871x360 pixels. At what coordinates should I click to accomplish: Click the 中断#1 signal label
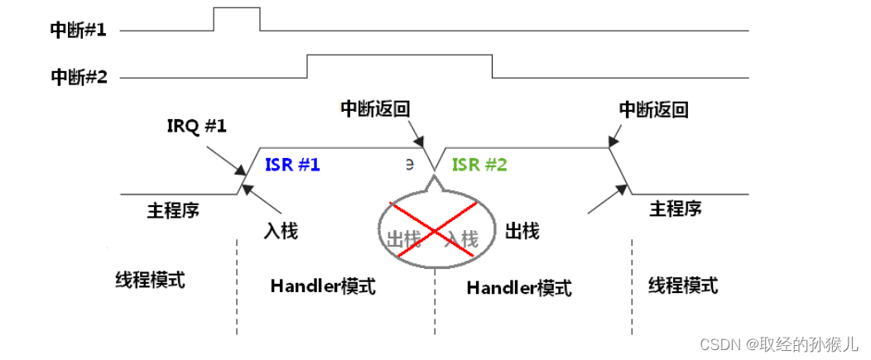[79, 31]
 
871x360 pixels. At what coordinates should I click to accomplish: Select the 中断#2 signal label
[79, 77]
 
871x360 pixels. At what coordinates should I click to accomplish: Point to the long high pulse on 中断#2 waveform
[399, 56]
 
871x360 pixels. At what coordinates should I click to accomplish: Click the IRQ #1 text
[195, 128]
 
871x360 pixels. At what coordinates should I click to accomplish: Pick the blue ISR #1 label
[292, 164]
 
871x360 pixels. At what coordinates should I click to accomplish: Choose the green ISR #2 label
[479, 164]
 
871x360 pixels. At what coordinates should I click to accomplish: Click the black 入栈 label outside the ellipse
[281, 230]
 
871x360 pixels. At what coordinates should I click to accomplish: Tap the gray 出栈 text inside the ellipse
[404, 240]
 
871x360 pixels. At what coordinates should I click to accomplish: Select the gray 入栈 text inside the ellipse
[461, 240]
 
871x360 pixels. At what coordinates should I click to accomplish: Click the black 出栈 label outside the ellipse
[522, 230]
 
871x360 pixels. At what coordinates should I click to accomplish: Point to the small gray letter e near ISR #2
[409, 162]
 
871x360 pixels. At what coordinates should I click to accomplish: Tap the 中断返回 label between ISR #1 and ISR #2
[375, 108]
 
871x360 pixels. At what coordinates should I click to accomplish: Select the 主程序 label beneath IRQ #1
[172, 210]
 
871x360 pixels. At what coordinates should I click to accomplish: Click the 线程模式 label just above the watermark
[682, 286]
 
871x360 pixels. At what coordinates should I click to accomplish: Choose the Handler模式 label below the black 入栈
[323, 286]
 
